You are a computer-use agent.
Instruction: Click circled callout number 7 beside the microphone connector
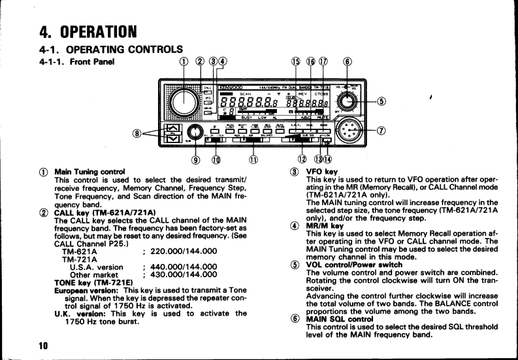click(x=380, y=128)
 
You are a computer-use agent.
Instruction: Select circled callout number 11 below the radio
click(x=251, y=158)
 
